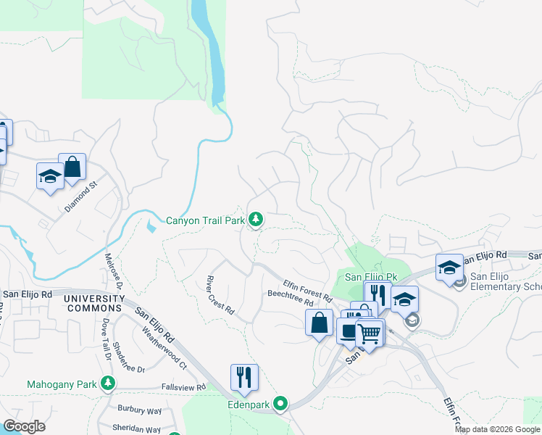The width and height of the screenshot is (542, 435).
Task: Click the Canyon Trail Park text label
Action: click(206, 219)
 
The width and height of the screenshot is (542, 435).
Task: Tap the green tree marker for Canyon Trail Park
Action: click(255, 219)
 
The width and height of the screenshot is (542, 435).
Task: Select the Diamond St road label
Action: click(80, 196)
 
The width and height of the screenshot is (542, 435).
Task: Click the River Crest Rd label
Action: click(220, 294)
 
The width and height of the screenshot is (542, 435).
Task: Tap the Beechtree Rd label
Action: click(290, 298)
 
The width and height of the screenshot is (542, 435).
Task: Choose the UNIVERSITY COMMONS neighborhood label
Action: click(94, 303)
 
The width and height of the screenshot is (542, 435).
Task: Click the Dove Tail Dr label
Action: click(106, 341)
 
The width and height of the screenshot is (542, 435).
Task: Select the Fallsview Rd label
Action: click(183, 388)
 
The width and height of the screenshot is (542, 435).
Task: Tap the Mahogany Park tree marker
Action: click(108, 383)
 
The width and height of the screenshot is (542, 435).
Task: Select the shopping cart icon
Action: click(370, 333)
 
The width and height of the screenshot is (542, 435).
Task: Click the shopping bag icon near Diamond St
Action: click(72, 167)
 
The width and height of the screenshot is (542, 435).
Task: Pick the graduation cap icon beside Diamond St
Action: click(51, 176)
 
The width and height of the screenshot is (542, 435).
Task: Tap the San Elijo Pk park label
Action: click(371, 277)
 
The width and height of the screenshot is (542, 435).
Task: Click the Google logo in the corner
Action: click(24, 426)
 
